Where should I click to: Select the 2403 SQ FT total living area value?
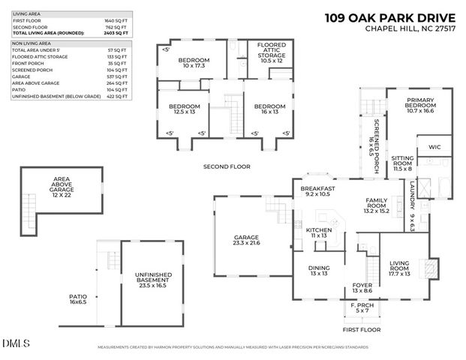(117, 33)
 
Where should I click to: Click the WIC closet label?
(434, 146)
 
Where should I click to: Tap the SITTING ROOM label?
(402, 163)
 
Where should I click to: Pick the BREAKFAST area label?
(317, 190)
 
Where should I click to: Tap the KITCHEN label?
(318, 232)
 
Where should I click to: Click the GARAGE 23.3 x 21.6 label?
(245, 241)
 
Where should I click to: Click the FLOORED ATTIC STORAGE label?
(267, 53)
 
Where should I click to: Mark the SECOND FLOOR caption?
(226, 166)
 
